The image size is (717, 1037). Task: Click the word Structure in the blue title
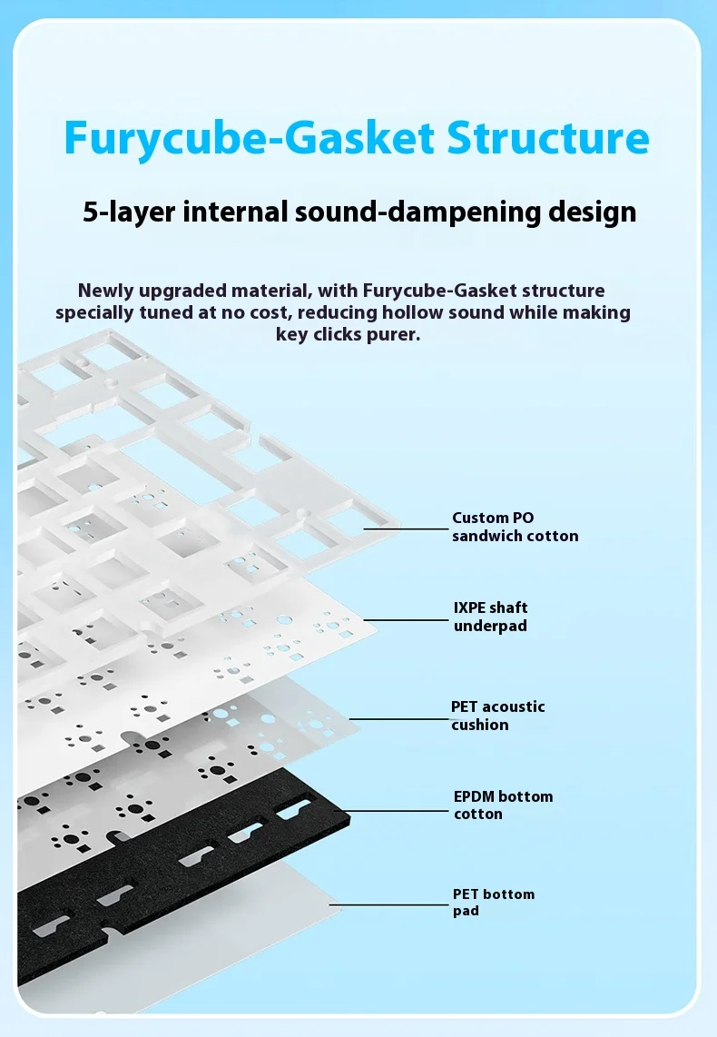click(x=548, y=138)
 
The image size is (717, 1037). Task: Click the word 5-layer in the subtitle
click(x=129, y=212)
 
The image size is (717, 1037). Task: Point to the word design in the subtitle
click(x=591, y=212)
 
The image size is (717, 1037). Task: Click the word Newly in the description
click(x=107, y=291)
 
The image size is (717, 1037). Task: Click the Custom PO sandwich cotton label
click(x=515, y=527)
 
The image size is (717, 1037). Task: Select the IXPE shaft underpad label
click(x=490, y=617)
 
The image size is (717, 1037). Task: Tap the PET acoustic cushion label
click(x=497, y=716)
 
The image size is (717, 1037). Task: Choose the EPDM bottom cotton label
click(x=503, y=805)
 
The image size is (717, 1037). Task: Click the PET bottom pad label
click(x=493, y=902)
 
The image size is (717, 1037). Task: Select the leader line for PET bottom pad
click(x=390, y=905)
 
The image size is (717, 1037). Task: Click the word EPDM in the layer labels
click(x=474, y=796)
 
